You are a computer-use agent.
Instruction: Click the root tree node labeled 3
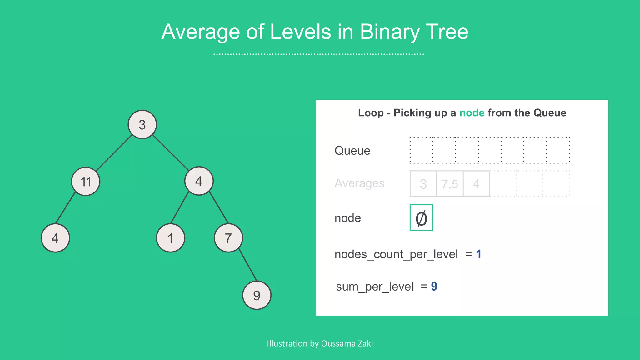[x=142, y=124]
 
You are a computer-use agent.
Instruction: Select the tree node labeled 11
[x=86, y=181]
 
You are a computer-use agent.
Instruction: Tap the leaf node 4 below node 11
[x=55, y=238]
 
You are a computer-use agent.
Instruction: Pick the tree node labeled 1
[x=170, y=238]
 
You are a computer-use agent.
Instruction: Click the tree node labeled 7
[x=228, y=238]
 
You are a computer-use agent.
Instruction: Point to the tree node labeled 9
[x=257, y=295]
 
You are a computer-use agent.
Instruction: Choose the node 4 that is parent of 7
[x=199, y=181]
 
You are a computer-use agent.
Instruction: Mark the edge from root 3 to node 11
[x=114, y=153]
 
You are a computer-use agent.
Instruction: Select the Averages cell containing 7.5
[x=450, y=184]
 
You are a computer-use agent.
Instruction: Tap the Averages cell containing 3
[x=423, y=184]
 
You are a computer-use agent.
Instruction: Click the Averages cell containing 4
[x=476, y=184]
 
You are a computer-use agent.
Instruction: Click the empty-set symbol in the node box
[x=421, y=218]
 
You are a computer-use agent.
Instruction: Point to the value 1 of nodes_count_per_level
[x=478, y=254]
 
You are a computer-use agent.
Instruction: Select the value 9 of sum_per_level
[x=434, y=286]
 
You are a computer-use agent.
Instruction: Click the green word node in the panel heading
[x=472, y=112]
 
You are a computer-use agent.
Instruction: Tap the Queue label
[x=352, y=151]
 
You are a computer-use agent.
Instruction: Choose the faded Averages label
[x=359, y=183]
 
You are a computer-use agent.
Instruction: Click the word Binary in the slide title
[x=389, y=32]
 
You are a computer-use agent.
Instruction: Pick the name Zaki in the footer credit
[x=365, y=343]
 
